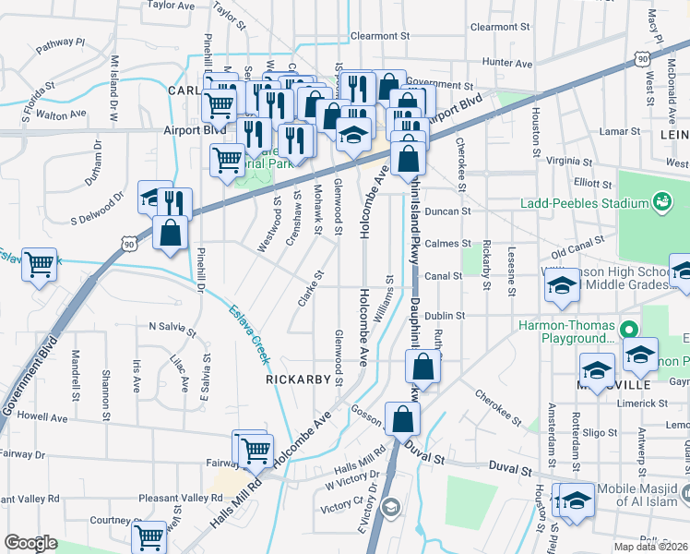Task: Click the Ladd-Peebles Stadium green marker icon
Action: tap(660, 200)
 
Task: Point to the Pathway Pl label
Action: tap(60, 42)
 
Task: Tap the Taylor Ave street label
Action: tap(172, 5)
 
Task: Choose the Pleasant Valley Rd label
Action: tap(175, 498)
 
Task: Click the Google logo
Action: tap(30, 542)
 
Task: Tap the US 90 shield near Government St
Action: tap(641, 58)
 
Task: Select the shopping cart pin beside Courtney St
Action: tap(149, 536)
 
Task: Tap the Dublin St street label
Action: tap(470, 315)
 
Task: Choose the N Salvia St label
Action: tap(172, 328)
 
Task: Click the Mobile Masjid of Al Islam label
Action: tap(643, 488)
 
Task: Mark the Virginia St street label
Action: tap(568, 160)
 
